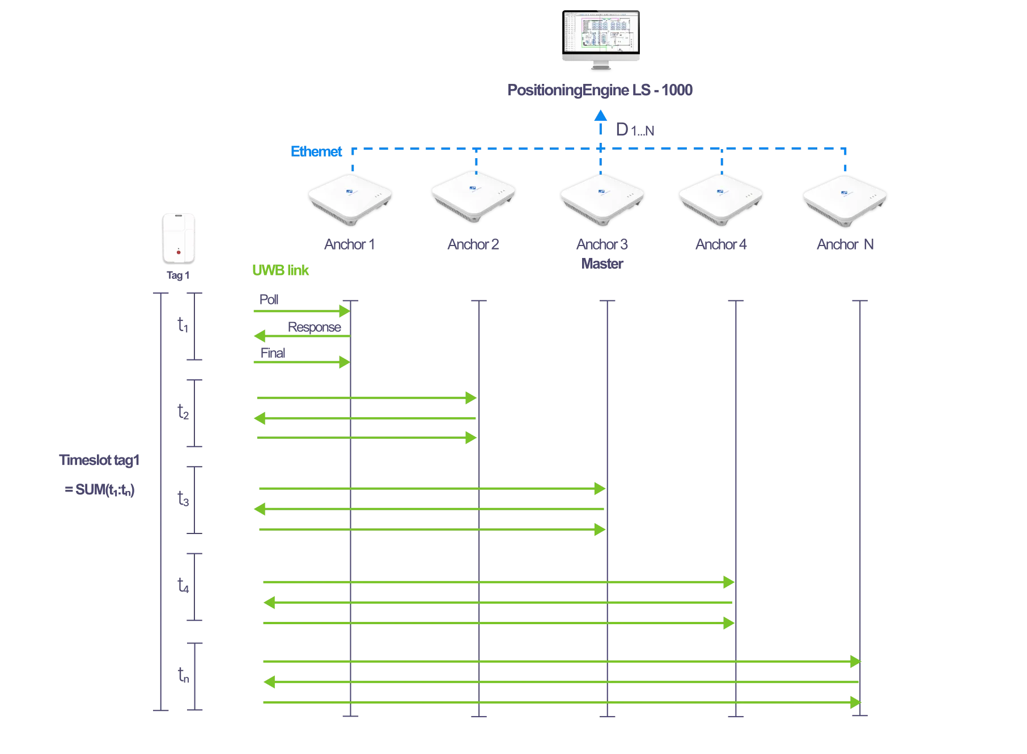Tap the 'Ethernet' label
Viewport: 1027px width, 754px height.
(x=316, y=152)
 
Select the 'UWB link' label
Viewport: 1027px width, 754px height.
(x=281, y=270)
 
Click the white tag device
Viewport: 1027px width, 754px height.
(x=179, y=238)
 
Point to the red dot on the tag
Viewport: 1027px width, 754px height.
(x=179, y=251)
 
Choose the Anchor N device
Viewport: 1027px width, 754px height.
(x=845, y=200)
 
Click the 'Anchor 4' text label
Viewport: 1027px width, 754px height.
(x=721, y=244)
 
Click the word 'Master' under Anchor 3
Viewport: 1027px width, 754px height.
(x=602, y=264)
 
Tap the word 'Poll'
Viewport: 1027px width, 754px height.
(x=269, y=299)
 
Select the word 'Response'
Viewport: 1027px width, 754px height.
(x=314, y=327)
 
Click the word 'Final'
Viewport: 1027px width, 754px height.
(x=273, y=352)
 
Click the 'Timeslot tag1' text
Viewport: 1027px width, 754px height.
(x=100, y=461)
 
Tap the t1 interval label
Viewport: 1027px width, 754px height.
(x=183, y=325)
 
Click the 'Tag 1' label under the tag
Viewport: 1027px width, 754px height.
(x=178, y=276)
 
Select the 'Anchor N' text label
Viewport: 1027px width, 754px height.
(x=845, y=244)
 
